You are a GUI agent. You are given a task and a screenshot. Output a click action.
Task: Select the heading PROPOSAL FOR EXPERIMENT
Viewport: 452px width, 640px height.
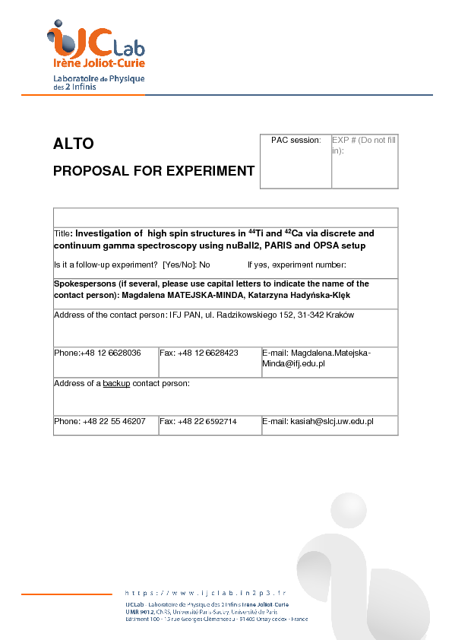(153, 171)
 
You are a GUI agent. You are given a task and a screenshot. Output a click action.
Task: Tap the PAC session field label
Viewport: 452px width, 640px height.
(296, 141)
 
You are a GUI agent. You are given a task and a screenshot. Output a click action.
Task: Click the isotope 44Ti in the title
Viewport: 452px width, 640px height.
(258, 233)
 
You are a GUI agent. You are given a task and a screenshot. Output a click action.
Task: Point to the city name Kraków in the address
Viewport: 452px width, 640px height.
(339, 315)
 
